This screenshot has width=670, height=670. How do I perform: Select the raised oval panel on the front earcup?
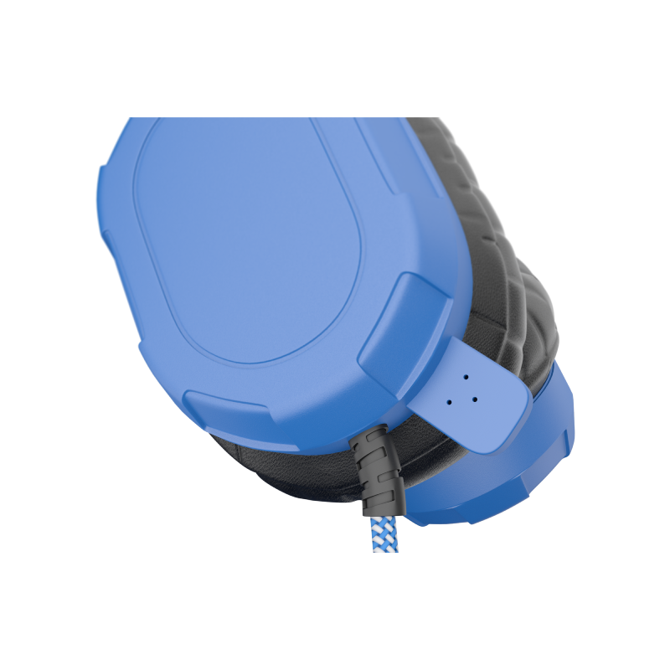251,234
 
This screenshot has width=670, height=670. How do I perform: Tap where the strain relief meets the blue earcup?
369,430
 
